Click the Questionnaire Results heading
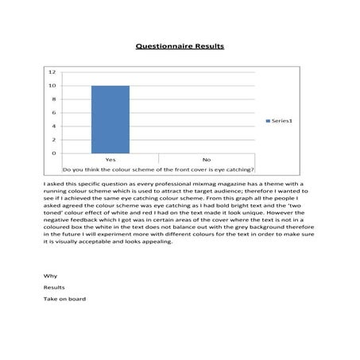click(180, 46)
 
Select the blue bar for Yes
click(110, 119)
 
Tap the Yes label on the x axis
click(110, 160)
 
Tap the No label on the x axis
click(206, 160)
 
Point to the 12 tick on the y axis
click(52, 72)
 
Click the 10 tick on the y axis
click(52, 86)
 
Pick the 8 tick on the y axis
click(53, 99)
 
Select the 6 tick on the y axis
click(53, 113)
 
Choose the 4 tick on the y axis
click(53, 126)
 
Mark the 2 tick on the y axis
click(53, 140)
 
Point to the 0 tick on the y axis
click(53, 153)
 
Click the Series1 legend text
click(282, 121)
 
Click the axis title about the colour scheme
click(158, 169)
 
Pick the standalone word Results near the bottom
click(54, 287)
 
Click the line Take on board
click(64, 299)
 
